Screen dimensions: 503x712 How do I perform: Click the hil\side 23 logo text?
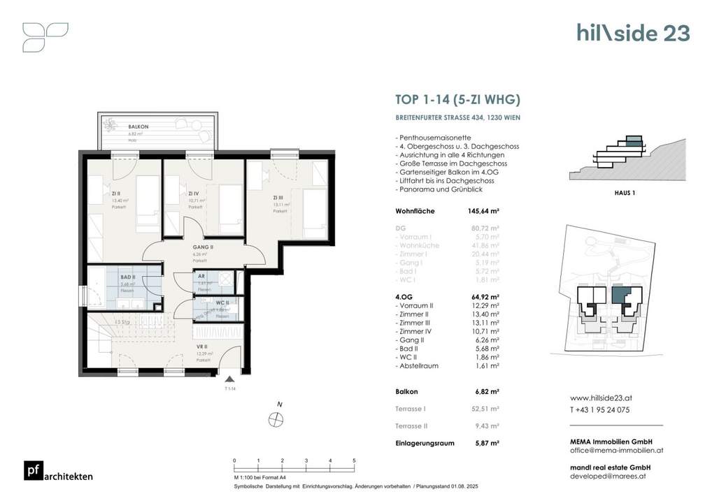(x=632, y=33)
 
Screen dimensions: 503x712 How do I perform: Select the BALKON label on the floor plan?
(x=135, y=126)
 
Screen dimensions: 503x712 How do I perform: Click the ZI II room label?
(x=116, y=194)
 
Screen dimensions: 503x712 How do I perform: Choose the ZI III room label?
(x=278, y=198)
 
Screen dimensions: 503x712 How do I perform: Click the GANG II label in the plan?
(x=203, y=247)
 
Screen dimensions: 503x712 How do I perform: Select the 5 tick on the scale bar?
(x=355, y=461)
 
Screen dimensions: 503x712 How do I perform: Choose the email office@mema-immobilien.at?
(x=615, y=451)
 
